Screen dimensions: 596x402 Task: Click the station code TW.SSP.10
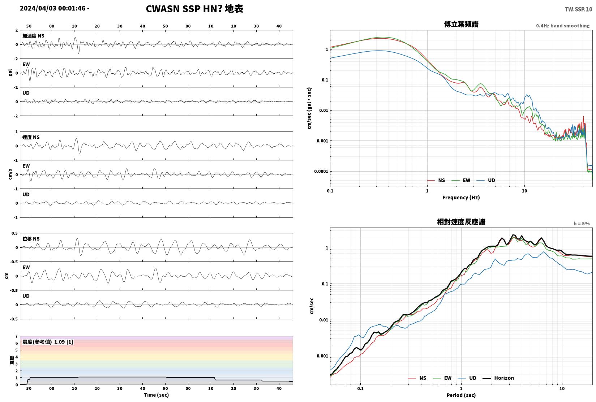coord(578,9)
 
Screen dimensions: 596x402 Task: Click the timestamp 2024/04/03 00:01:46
coord(53,8)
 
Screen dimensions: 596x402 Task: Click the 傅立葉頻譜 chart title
coord(461,24)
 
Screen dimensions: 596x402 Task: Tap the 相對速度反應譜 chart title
coord(461,222)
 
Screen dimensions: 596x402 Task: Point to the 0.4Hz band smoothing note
coord(563,26)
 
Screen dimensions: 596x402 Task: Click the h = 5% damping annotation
coord(582,224)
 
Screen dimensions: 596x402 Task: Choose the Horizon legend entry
coord(498,378)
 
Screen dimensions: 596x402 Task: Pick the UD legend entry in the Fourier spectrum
coord(486,180)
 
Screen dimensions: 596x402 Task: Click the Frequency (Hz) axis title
coord(461,198)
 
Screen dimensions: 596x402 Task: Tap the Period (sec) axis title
coord(461,395)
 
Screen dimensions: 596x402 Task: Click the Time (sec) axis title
coord(156,395)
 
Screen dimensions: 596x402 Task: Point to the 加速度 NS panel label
coord(33,36)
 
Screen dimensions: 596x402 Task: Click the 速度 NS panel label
coord(31,137)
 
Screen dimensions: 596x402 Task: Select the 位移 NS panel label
coord(31,239)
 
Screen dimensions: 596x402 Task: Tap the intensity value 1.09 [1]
coord(63,342)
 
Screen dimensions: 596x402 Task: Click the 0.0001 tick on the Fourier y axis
coord(321,171)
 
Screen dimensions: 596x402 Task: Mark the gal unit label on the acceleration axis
coord(10,73)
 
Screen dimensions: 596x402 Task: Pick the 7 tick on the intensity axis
coord(17,336)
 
